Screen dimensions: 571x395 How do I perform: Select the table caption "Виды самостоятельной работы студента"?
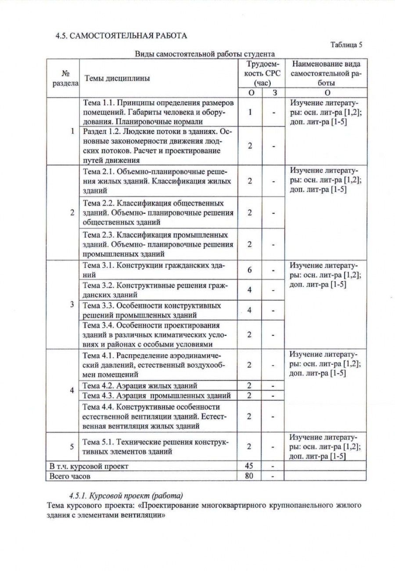(x=205, y=54)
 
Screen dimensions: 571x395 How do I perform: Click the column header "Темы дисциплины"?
(x=117, y=78)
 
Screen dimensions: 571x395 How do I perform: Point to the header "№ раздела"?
(x=64, y=78)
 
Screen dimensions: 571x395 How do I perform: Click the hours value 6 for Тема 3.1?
(x=249, y=270)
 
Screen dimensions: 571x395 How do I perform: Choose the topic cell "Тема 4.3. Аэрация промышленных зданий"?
(x=157, y=396)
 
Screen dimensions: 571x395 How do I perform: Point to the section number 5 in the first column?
(x=72, y=446)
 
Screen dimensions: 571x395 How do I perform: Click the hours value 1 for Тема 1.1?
(x=249, y=112)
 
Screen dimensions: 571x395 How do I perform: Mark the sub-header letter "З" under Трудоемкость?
(x=274, y=93)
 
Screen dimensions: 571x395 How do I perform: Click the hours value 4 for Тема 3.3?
(x=249, y=310)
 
